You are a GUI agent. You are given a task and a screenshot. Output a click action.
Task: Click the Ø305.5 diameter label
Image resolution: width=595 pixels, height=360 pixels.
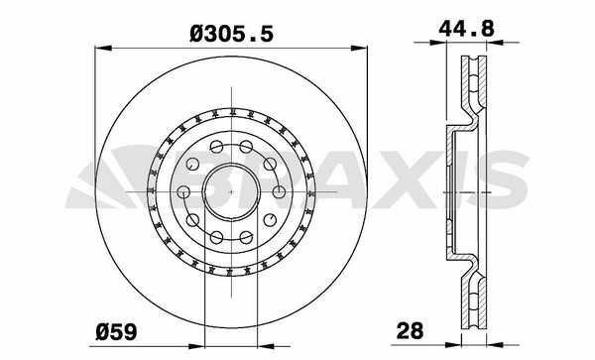click(x=231, y=35)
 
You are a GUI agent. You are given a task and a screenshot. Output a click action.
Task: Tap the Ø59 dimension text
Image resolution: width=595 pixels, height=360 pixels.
click(x=116, y=332)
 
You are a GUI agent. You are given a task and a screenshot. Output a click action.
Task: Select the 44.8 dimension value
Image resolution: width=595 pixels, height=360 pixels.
click(x=466, y=28)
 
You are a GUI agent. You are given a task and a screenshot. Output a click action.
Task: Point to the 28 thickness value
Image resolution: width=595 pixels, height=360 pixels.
click(x=410, y=331)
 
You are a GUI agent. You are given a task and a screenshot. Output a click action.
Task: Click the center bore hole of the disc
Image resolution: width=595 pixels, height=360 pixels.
click(x=231, y=192)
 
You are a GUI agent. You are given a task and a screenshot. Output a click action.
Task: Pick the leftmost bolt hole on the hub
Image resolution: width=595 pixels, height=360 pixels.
click(x=183, y=191)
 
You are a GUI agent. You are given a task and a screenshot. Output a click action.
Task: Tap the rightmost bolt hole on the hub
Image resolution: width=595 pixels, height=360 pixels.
click(x=279, y=192)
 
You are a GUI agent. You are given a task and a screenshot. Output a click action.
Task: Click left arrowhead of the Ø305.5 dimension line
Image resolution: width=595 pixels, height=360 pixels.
click(x=103, y=49)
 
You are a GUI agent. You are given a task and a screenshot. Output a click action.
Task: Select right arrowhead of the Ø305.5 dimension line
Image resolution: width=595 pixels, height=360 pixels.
click(x=359, y=49)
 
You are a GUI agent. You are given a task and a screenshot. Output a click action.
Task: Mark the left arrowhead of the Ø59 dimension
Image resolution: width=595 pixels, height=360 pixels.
click(x=196, y=346)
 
